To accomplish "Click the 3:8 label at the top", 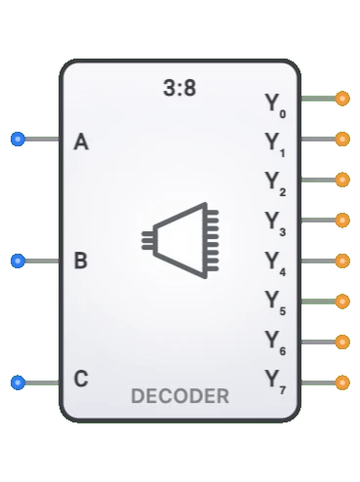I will pyautogui.click(x=180, y=88).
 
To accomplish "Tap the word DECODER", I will pyautogui.click(x=180, y=396).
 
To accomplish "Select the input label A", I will pyautogui.click(x=81, y=142).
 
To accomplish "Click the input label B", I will pyautogui.click(x=81, y=261).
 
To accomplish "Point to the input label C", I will pyautogui.click(x=81, y=380).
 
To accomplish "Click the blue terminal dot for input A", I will pyautogui.click(x=18, y=140).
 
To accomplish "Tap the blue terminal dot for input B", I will pyautogui.click(x=18, y=261).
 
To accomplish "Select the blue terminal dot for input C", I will pyautogui.click(x=18, y=382).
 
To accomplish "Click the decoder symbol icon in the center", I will pyautogui.click(x=180, y=239).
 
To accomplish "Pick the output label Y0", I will pyautogui.click(x=274, y=103).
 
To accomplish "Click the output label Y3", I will pyautogui.click(x=274, y=222).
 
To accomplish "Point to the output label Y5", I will pyautogui.click(x=274, y=302).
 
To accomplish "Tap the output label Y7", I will pyautogui.click(x=274, y=382).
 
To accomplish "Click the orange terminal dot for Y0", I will pyautogui.click(x=341, y=99).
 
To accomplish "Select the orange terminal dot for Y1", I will pyautogui.click(x=341, y=140).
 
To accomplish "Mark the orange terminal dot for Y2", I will pyautogui.click(x=341, y=180).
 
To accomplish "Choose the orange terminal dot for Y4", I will pyautogui.click(x=341, y=261).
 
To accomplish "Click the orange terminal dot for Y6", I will pyautogui.click(x=341, y=341).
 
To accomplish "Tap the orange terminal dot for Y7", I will pyautogui.click(x=341, y=382).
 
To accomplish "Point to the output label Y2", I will pyautogui.click(x=274, y=182).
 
